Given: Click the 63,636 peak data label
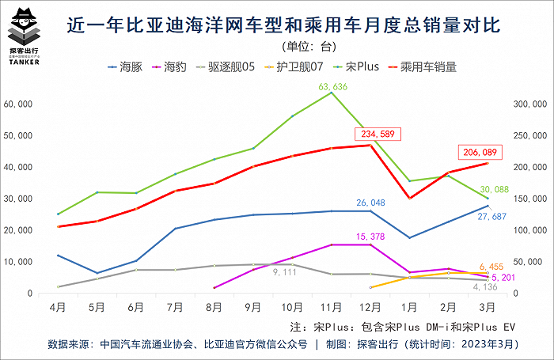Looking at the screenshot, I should click(x=331, y=86).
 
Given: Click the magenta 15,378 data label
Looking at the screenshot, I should click(x=370, y=236).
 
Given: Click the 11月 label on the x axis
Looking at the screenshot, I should click(x=330, y=305).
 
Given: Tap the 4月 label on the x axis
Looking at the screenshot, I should click(x=58, y=305).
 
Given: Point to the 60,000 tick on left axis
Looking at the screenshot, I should click(x=18, y=104).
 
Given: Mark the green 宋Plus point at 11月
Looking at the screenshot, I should click(x=331, y=93).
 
